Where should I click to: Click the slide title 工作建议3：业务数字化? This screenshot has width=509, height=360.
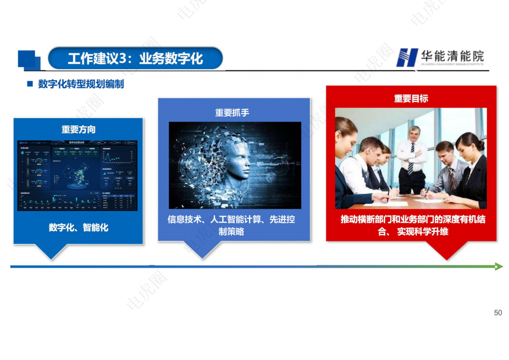pos(135,59)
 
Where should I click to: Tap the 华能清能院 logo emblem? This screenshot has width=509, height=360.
pos(407,58)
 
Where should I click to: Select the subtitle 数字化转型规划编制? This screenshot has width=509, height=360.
pos(81,84)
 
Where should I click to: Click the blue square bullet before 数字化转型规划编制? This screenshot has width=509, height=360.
pos(30,84)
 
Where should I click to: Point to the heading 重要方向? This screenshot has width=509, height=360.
pos(78,129)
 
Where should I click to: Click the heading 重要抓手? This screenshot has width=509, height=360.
pos(232,112)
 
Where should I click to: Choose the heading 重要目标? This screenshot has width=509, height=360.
pos(411,99)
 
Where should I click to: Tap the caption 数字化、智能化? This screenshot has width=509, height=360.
pos(78,227)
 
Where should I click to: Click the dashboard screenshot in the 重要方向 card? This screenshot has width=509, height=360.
pos(77,175)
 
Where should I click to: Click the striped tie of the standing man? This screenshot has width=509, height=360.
pos(411,159)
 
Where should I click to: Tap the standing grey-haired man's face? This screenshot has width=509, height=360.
pos(414,134)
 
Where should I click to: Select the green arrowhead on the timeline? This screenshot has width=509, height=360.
pos(499,266)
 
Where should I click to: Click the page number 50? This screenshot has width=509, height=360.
pos(498,313)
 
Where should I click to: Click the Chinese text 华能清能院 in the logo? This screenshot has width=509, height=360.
pos(452,56)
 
